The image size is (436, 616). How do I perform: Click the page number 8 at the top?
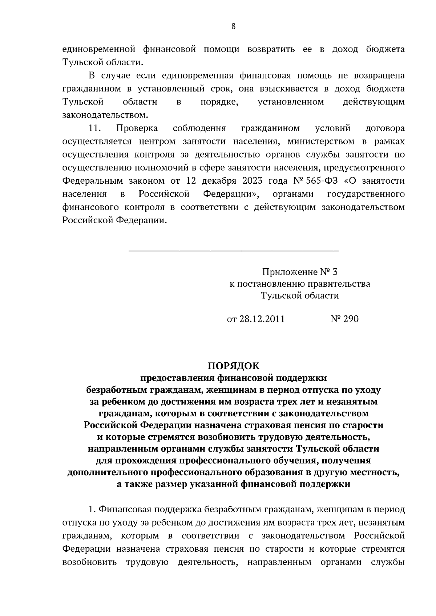[233, 26]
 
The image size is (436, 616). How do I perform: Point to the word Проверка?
[137, 128]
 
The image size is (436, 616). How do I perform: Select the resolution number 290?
[351, 319]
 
